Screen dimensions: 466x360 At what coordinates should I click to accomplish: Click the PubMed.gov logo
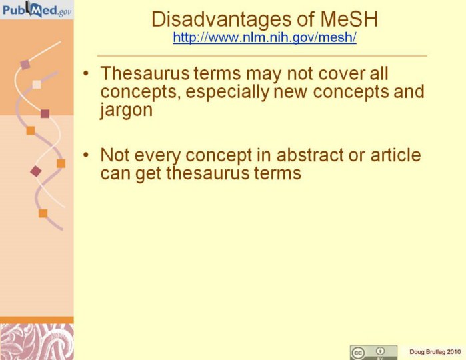pyautogui.click(x=37, y=9)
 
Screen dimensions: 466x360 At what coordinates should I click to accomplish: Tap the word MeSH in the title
pyautogui.click(x=349, y=19)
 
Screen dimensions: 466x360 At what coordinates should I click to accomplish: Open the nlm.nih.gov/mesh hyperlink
pyautogui.click(x=265, y=38)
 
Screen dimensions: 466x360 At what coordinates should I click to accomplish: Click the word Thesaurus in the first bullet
pyautogui.click(x=145, y=73)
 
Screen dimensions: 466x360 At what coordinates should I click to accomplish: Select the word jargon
pyautogui.click(x=126, y=110)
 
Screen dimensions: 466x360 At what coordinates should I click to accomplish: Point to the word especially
pyautogui.click(x=227, y=92)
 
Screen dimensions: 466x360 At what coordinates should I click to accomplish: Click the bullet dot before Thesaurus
pyautogui.click(x=86, y=73)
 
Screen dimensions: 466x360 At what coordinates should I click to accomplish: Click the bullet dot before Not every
pyautogui.click(x=86, y=155)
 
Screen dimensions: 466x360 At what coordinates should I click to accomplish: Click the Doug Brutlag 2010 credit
pyautogui.click(x=435, y=352)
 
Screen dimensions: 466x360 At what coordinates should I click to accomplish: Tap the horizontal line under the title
pyautogui.click(x=262, y=55)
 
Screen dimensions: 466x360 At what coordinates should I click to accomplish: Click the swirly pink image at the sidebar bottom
pyautogui.click(x=37, y=342)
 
